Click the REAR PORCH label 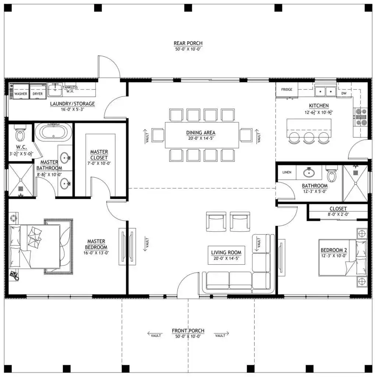point(188,43)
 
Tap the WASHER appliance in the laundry point(20,92)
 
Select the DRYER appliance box point(38,92)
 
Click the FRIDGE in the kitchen point(287,90)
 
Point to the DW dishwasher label point(344,94)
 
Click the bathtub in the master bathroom point(53,132)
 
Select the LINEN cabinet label point(287,172)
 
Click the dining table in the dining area point(201,135)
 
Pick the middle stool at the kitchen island point(309,137)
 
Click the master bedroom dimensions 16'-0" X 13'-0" point(96,253)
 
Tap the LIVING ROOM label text point(226,253)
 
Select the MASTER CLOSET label point(99,155)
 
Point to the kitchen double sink point(325,90)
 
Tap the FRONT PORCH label point(188,331)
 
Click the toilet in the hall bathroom point(331,175)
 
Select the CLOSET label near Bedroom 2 point(338,209)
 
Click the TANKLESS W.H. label point(70,89)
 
